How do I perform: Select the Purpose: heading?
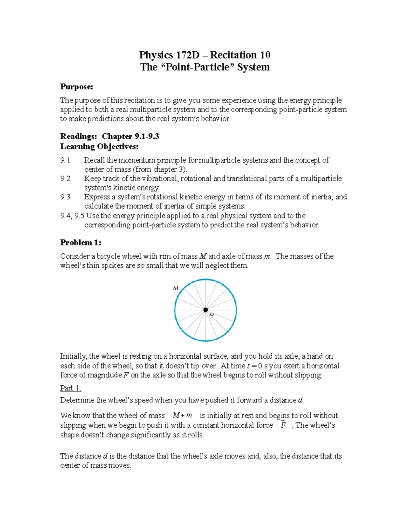[77, 87]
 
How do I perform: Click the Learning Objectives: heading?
[99, 147]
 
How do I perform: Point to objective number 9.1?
[65, 160]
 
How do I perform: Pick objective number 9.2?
[65, 178]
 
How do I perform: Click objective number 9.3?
[66, 197]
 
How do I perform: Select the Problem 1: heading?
[81, 243]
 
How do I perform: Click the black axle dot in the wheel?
[205, 310]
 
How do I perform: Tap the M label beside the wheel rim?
[176, 288]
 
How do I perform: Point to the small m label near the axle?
[211, 315]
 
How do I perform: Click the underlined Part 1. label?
[71, 388]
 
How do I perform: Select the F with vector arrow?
[283, 425]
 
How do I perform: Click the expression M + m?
[182, 416]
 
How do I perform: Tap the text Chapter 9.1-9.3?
[131, 136]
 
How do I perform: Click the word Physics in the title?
[156, 55]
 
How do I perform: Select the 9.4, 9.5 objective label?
[72, 216]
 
